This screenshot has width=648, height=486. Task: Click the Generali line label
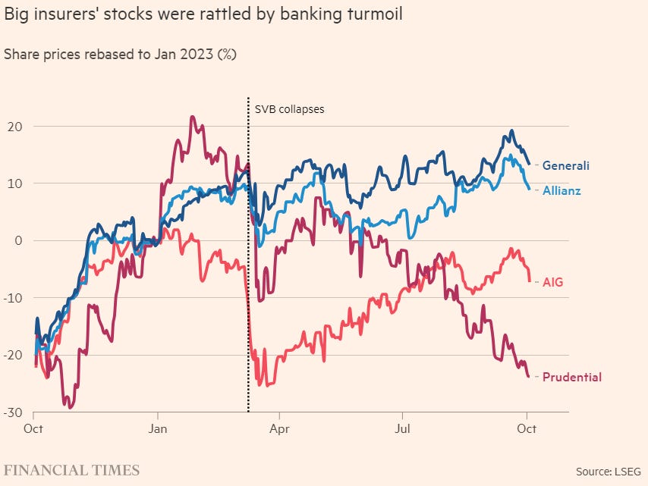coord(565,165)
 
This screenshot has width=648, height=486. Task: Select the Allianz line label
coord(561,190)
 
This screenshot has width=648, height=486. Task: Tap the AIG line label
coord(552,282)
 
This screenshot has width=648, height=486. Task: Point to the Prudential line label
coord(571,377)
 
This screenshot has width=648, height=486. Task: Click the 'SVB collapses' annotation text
coord(289,109)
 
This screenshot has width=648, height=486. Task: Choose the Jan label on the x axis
coord(157,429)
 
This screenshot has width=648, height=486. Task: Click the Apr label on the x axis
coord(280,429)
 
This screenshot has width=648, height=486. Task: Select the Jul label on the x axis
coord(403,429)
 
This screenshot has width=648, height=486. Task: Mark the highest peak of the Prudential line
coord(192,117)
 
